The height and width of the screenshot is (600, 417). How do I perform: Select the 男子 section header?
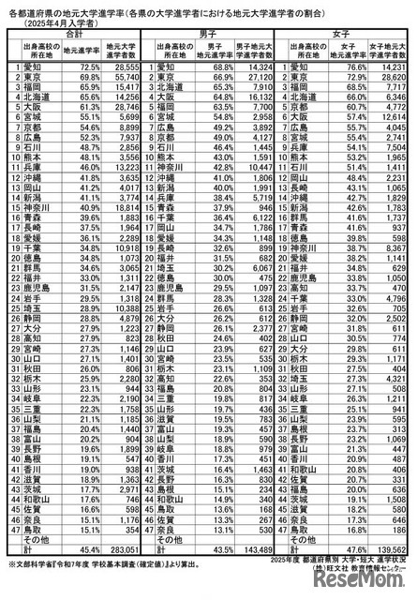click(x=210, y=33)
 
